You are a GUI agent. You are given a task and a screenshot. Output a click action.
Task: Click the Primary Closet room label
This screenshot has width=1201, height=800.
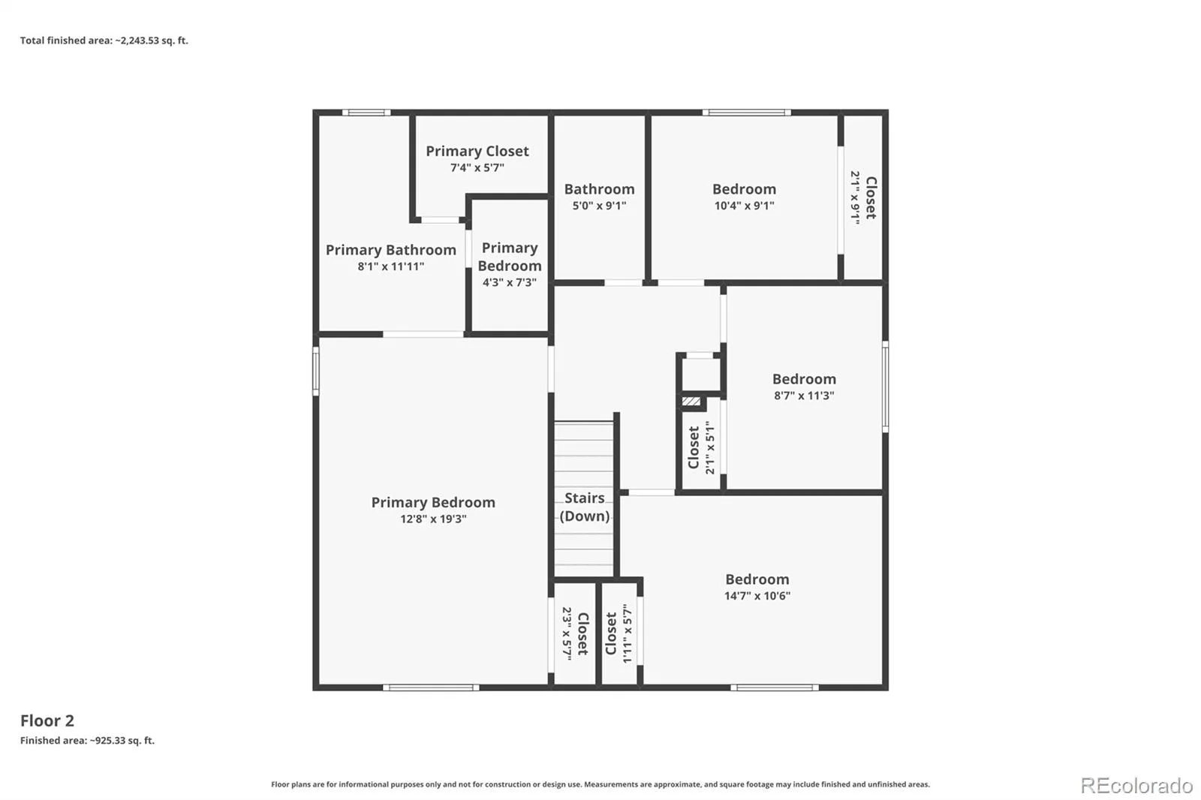(477, 151)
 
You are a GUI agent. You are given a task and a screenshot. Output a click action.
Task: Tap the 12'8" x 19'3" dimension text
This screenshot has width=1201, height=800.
(433, 519)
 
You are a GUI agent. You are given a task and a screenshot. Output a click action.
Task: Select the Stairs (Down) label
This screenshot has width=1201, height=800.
(585, 507)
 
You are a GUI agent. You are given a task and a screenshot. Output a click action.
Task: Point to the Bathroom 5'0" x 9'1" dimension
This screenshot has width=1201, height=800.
(599, 206)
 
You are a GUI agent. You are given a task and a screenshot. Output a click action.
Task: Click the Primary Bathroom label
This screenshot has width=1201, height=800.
(391, 250)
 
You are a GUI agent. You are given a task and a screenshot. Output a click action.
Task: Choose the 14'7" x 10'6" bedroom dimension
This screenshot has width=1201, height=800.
(757, 596)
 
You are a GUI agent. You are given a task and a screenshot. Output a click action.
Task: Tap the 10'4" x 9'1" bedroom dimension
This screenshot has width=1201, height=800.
(744, 206)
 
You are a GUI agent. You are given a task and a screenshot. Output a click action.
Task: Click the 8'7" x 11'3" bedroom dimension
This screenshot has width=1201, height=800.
(804, 395)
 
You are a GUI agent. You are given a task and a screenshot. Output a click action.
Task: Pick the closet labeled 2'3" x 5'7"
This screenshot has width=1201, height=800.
(575, 633)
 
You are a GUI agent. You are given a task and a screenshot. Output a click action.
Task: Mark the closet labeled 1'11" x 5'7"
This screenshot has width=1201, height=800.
(619, 633)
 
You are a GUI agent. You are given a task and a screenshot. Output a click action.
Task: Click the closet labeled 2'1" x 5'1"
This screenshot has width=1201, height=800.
(702, 447)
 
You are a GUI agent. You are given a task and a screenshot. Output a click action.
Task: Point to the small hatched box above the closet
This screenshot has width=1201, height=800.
(691, 401)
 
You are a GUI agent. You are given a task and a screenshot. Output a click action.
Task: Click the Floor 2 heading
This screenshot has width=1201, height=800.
(47, 720)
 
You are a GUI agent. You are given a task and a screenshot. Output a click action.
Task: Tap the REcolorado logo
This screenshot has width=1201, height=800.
(1136, 786)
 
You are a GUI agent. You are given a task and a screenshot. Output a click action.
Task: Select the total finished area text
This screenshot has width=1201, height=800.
(104, 41)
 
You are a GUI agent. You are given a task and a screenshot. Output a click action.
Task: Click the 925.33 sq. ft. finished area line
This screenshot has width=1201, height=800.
(87, 741)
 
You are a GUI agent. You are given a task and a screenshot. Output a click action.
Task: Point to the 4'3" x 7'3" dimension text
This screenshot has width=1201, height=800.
(510, 283)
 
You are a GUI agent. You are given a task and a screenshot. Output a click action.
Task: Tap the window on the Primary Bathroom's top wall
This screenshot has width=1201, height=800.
(366, 113)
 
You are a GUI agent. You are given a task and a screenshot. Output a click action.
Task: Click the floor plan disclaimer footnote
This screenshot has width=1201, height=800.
(600, 784)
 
